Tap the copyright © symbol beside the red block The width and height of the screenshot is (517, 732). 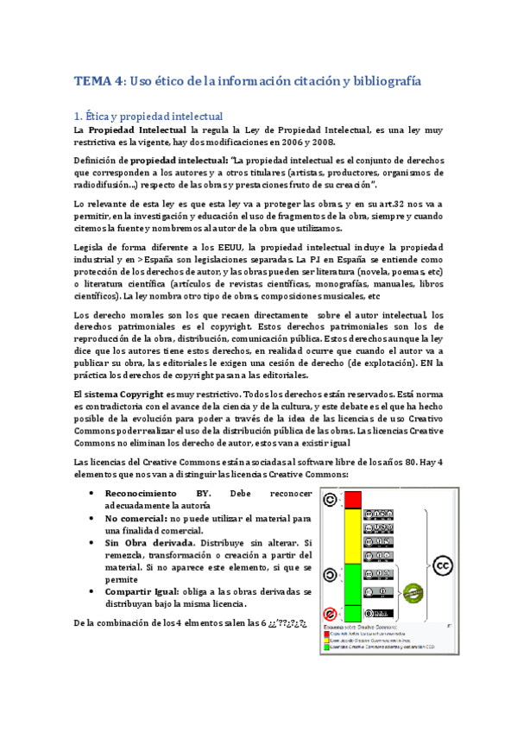[330, 499]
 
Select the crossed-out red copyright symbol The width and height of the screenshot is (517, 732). [330, 612]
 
